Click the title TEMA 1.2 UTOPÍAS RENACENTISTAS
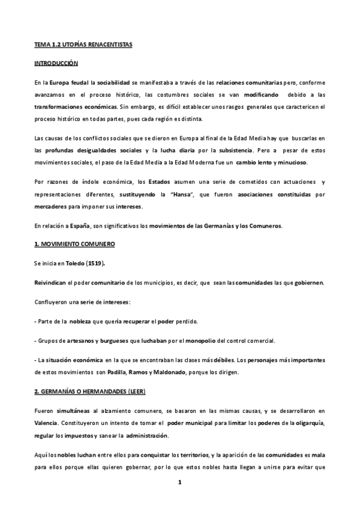point(83,45)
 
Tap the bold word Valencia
point(49,423)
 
